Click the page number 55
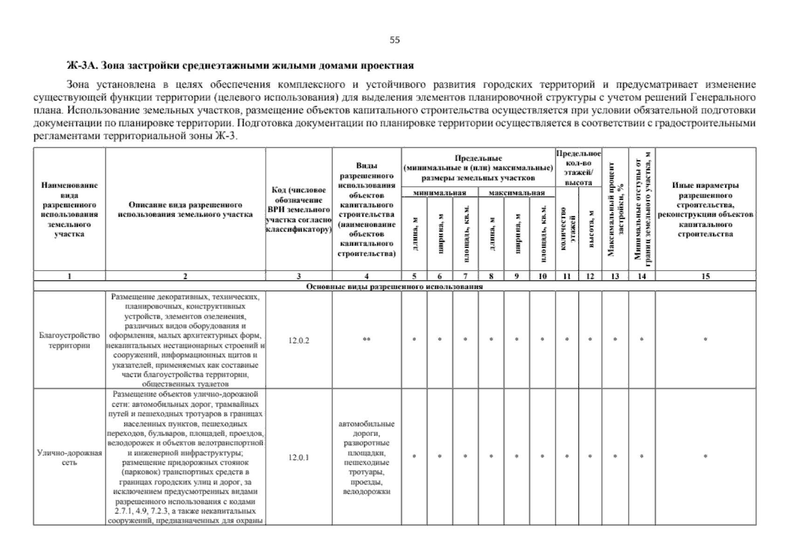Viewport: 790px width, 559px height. [x=395, y=40]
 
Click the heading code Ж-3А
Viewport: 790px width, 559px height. [x=82, y=66]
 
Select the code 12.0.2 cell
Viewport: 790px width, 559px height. [x=299, y=341]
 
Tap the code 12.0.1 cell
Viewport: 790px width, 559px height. [x=299, y=457]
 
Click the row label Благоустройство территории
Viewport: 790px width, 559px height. [x=69, y=341]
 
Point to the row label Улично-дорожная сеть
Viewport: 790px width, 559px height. [x=69, y=457]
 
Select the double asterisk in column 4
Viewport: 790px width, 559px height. [x=367, y=340]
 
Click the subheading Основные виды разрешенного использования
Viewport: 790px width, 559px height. [x=394, y=286]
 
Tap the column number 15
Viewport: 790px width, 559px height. [x=705, y=276]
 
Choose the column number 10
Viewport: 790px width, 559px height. [x=543, y=276]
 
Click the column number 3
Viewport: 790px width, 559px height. [x=299, y=276]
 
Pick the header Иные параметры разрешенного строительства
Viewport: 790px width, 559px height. [x=705, y=210]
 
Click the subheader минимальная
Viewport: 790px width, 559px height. [x=440, y=193]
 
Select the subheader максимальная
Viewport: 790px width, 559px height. [x=517, y=193]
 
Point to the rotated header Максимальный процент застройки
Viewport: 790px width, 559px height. [x=615, y=210]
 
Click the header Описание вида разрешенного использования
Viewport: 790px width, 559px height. [x=185, y=210]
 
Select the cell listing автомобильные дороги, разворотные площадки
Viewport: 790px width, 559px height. [x=367, y=457]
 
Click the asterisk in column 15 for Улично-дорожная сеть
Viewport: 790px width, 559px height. [x=705, y=457]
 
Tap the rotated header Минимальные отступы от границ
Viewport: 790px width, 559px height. [x=642, y=210]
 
